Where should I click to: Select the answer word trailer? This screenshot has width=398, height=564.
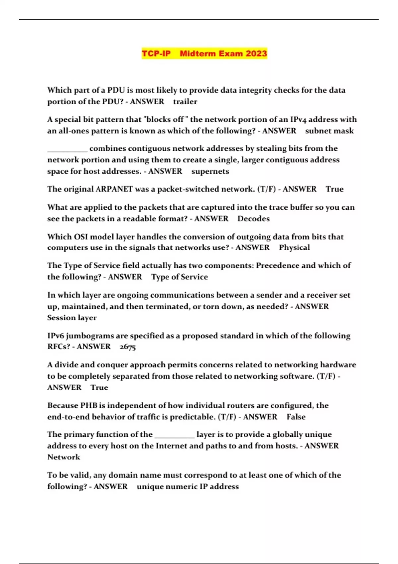coord(185,102)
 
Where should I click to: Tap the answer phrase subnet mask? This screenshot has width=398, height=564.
coord(329,131)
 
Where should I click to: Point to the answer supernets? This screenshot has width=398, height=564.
coord(210,171)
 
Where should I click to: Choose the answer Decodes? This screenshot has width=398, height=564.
coord(253,219)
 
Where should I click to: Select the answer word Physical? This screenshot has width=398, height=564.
coord(294,247)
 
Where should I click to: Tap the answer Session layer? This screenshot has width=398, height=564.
coord(72,318)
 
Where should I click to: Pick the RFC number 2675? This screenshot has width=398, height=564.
coord(128,347)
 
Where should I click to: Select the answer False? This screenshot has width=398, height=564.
coord(296,417)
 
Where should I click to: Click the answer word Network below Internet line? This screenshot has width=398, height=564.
coord(64,457)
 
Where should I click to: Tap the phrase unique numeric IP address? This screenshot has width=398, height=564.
coord(188,487)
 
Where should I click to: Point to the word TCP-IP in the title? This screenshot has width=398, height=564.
coord(156,54)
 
